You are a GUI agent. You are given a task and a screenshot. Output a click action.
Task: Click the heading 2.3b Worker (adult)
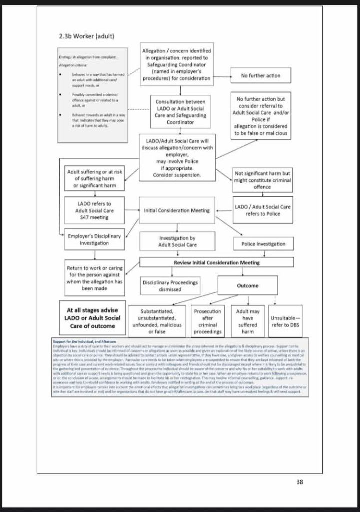coord(87,37)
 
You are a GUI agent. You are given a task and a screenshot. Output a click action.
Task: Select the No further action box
coord(260,76)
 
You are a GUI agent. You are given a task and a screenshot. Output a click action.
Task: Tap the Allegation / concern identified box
coord(176,64)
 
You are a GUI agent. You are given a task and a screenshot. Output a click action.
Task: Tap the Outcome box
coord(247,285)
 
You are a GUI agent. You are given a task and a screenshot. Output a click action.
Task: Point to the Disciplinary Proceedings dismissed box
coord(170,286)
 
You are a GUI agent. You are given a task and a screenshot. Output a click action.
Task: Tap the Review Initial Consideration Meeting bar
coord(216,262)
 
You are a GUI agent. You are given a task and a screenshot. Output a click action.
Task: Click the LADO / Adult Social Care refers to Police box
coord(262,210)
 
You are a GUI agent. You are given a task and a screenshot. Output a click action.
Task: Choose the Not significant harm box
coord(262,180)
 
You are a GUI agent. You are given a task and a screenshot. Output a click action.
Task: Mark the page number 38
coord(300,482)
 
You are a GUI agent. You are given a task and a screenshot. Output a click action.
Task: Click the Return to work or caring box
coord(94,278)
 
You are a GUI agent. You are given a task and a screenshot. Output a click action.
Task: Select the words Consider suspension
coord(177,175)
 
